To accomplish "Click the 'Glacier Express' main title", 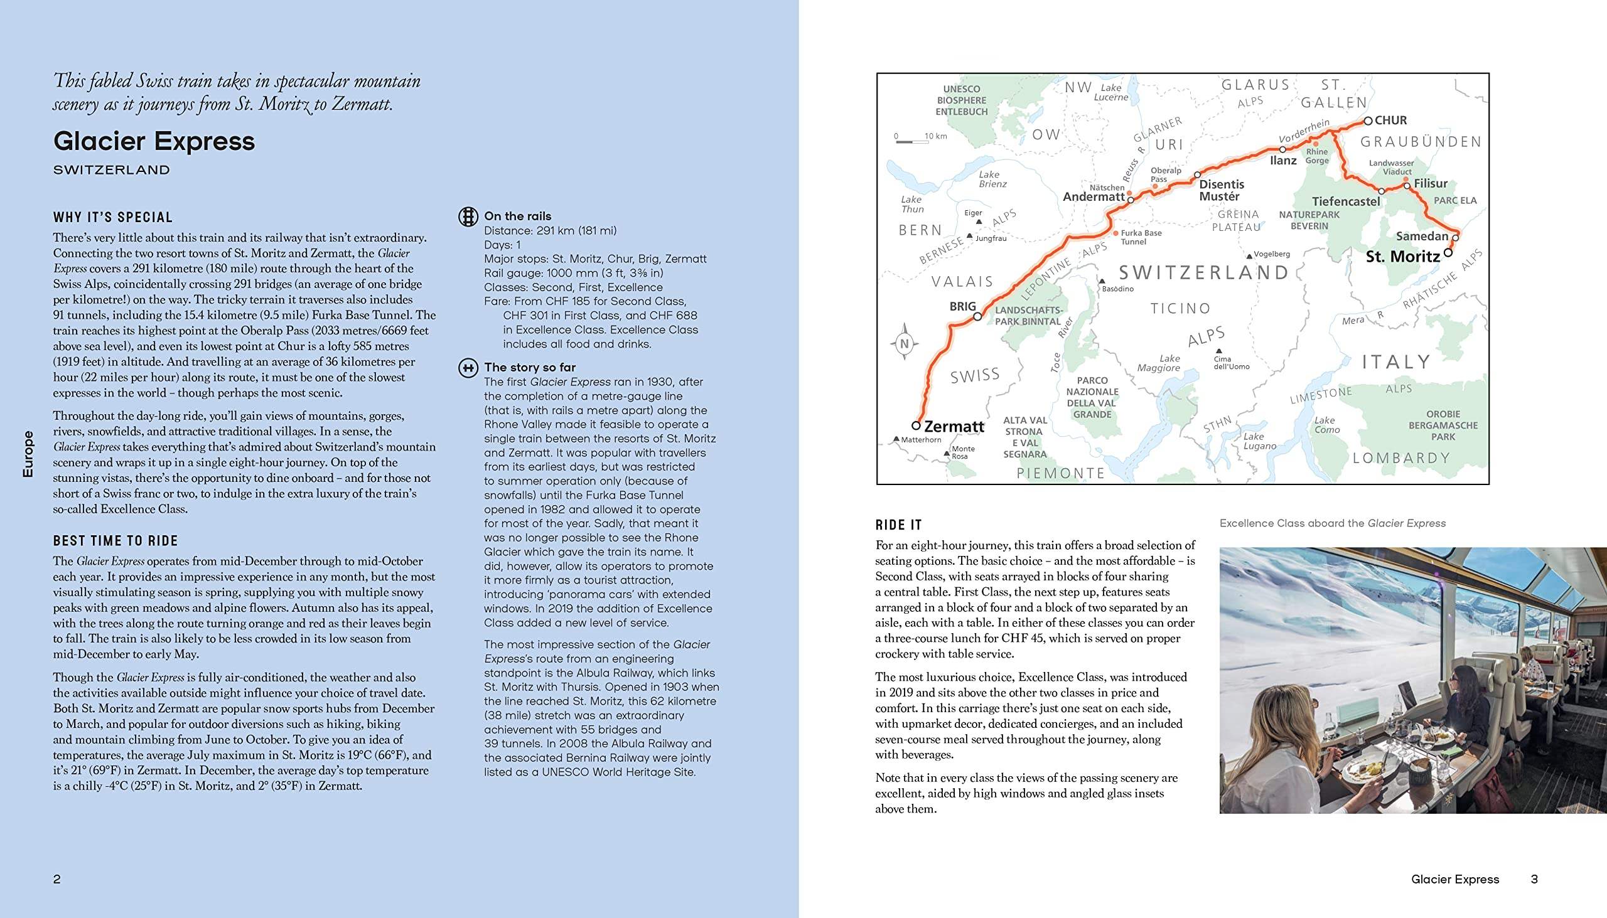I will [154, 141].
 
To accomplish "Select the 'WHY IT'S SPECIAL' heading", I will [113, 218].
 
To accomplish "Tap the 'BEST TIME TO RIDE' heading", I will [116, 541].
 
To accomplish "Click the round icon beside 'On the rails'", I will [468, 216].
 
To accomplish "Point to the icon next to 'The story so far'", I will [468, 368].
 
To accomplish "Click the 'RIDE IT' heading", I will [898, 525].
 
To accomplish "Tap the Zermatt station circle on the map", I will [916, 425].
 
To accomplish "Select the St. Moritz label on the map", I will [1402, 257].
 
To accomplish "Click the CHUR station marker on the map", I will [1368, 120].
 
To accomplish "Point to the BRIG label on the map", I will [962, 306].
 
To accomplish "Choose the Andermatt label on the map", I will [1094, 197].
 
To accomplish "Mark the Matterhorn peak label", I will [921, 439].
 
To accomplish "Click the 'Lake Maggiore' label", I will [1159, 363].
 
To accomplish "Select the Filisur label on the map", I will [1431, 183].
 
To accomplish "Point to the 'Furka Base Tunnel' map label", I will [1141, 237].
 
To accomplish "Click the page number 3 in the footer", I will [1534, 879].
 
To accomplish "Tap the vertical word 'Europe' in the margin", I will [28, 453].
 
